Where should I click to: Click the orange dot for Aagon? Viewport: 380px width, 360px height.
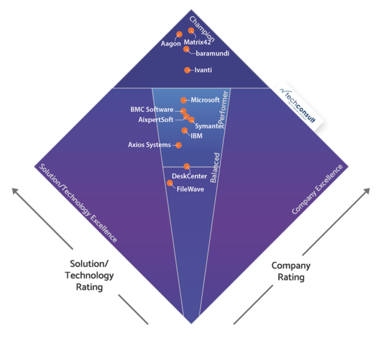(179, 34)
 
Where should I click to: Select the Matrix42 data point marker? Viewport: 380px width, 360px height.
(191, 31)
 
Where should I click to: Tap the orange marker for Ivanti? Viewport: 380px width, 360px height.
(187, 70)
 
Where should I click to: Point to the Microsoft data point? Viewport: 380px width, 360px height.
(183, 100)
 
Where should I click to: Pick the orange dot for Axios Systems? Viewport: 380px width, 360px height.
(179, 145)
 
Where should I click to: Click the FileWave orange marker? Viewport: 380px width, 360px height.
(170, 183)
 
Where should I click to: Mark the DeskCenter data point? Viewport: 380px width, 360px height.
(186, 166)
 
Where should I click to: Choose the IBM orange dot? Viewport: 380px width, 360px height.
(185, 131)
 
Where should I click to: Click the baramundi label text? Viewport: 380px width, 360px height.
(213, 53)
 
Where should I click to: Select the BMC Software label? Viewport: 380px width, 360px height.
(152, 109)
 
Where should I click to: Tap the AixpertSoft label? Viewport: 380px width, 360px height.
(156, 119)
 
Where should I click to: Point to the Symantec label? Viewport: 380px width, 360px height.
(210, 126)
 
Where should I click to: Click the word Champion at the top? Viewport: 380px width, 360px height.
(202, 29)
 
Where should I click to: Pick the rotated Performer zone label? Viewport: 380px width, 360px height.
(223, 107)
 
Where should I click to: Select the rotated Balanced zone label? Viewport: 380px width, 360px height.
(215, 167)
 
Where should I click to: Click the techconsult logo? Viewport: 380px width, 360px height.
(298, 106)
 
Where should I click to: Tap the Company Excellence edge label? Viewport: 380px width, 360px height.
(317, 190)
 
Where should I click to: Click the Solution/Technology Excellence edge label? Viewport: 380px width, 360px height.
(79, 203)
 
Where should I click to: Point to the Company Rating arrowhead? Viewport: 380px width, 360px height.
(367, 191)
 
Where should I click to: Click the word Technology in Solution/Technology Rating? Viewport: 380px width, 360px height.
(89, 275)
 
